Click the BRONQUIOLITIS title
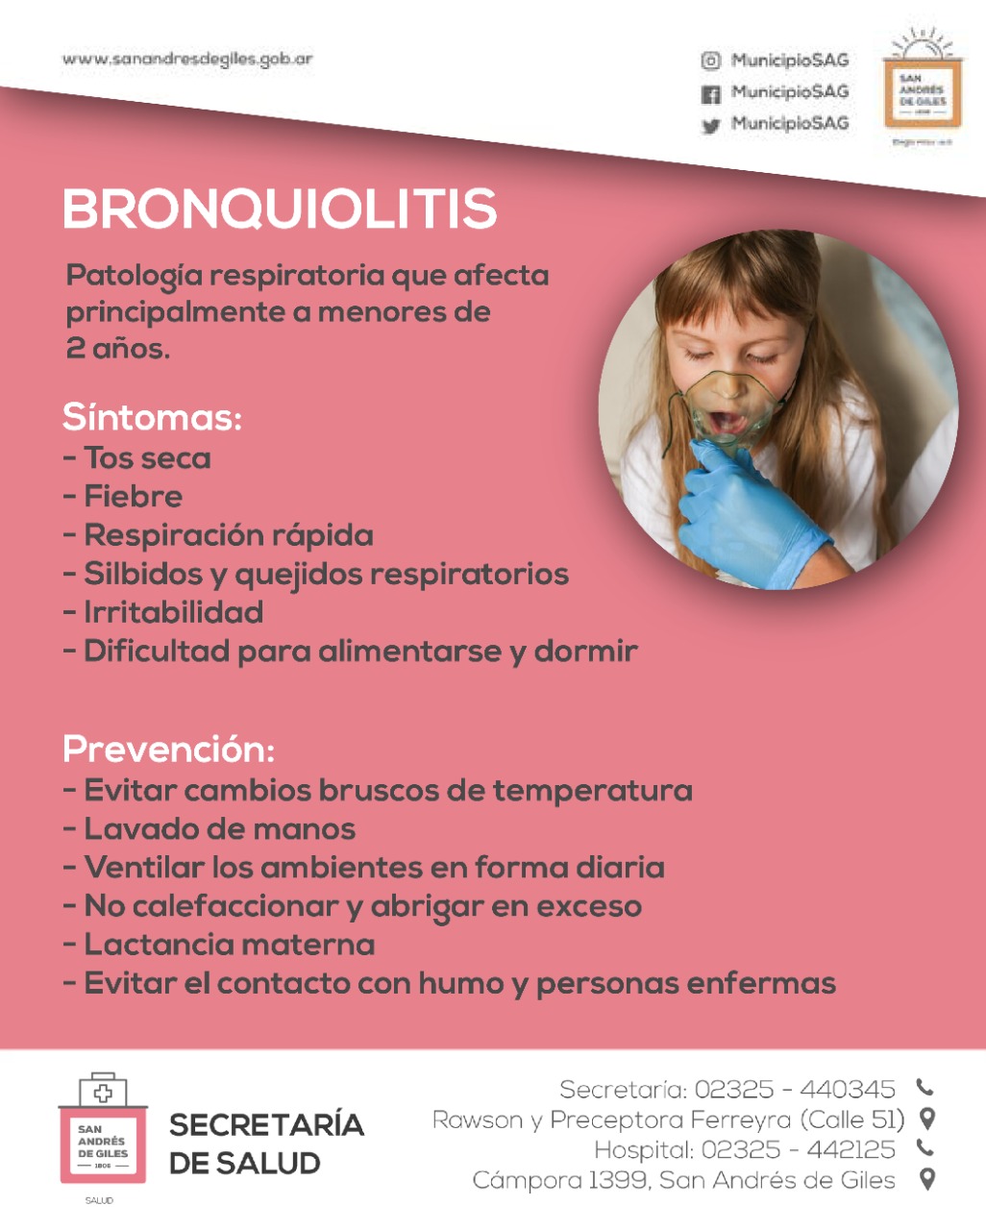coord(280,209)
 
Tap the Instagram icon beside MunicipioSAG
coord(710,61)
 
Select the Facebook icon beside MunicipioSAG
coord(710,94)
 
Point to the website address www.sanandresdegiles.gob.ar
coord(187,60)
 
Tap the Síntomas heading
coord(152,418)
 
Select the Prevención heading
coord(168,750)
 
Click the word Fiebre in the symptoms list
coord(133,497)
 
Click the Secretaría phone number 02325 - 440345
coord(794,1090)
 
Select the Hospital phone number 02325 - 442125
coord(798,1150)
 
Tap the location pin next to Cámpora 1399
coord(927,1179)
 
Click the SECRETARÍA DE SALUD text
coord(265,1144)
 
